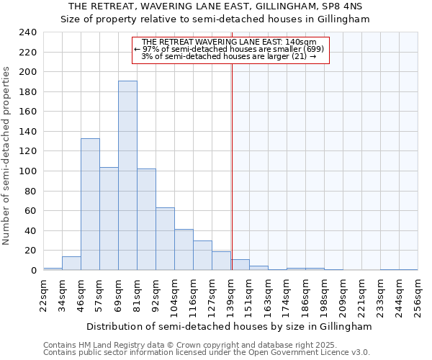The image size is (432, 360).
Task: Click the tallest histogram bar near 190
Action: tap(127, 175)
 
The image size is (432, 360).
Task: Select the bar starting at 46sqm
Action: tap(90, 204)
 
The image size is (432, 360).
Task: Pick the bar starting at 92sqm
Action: tap(165, 238)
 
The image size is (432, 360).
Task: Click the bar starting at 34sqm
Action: tap(71, 263)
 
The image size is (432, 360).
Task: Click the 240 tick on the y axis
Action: tap(28, 32)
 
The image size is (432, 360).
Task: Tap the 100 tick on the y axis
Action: tap(28, 171)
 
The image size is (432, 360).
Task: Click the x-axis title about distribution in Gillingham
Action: tap(229, 326)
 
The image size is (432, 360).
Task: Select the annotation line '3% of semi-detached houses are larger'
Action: tap(228, 56)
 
